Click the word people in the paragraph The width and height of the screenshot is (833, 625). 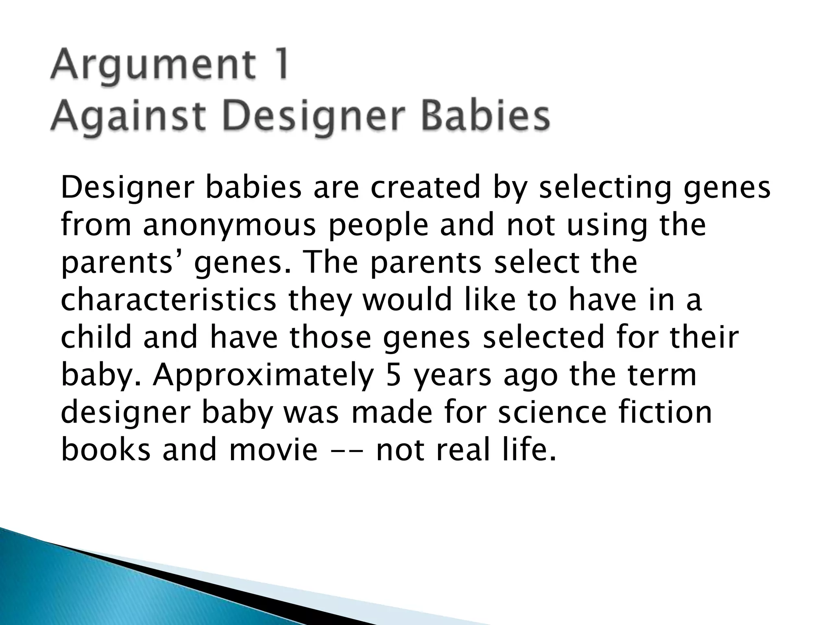tap(379, 226)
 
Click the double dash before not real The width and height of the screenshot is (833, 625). tap(346, 451)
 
